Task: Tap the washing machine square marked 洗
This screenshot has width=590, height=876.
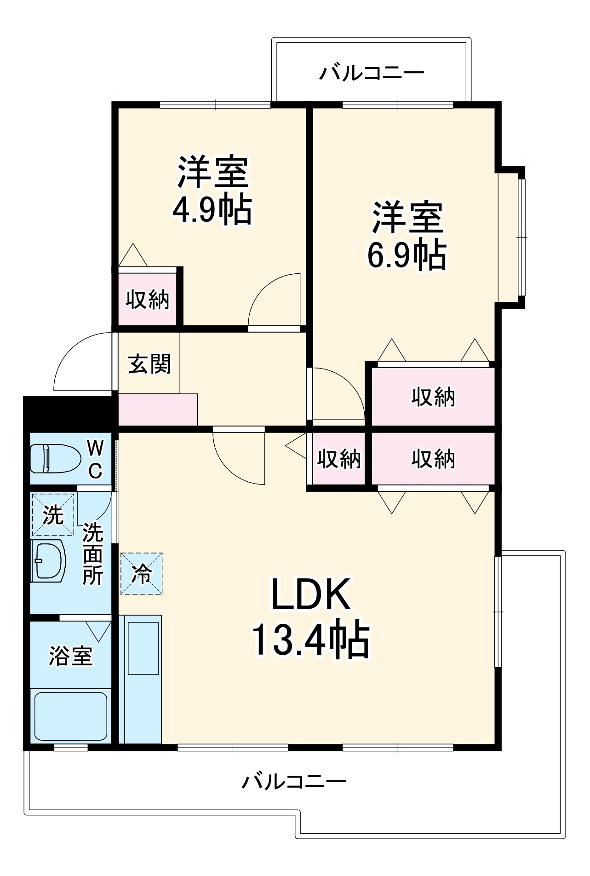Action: click(53, 514)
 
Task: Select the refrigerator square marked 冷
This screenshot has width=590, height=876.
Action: click(141, 574)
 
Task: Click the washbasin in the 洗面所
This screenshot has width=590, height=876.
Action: click(48, 561)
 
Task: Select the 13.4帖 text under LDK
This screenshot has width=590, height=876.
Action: click(310, 639)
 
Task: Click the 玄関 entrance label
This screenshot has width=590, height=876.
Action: click(149, 363)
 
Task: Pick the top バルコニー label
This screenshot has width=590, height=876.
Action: click(372, 73)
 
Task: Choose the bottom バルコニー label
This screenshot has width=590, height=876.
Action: click(294, 781)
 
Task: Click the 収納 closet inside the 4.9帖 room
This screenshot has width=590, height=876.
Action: click(148, 300)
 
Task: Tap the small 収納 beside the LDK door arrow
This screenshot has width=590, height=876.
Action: click(339, 458)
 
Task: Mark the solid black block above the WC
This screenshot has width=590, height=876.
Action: click(69, 412)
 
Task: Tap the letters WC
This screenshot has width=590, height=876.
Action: click(95, 459)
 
